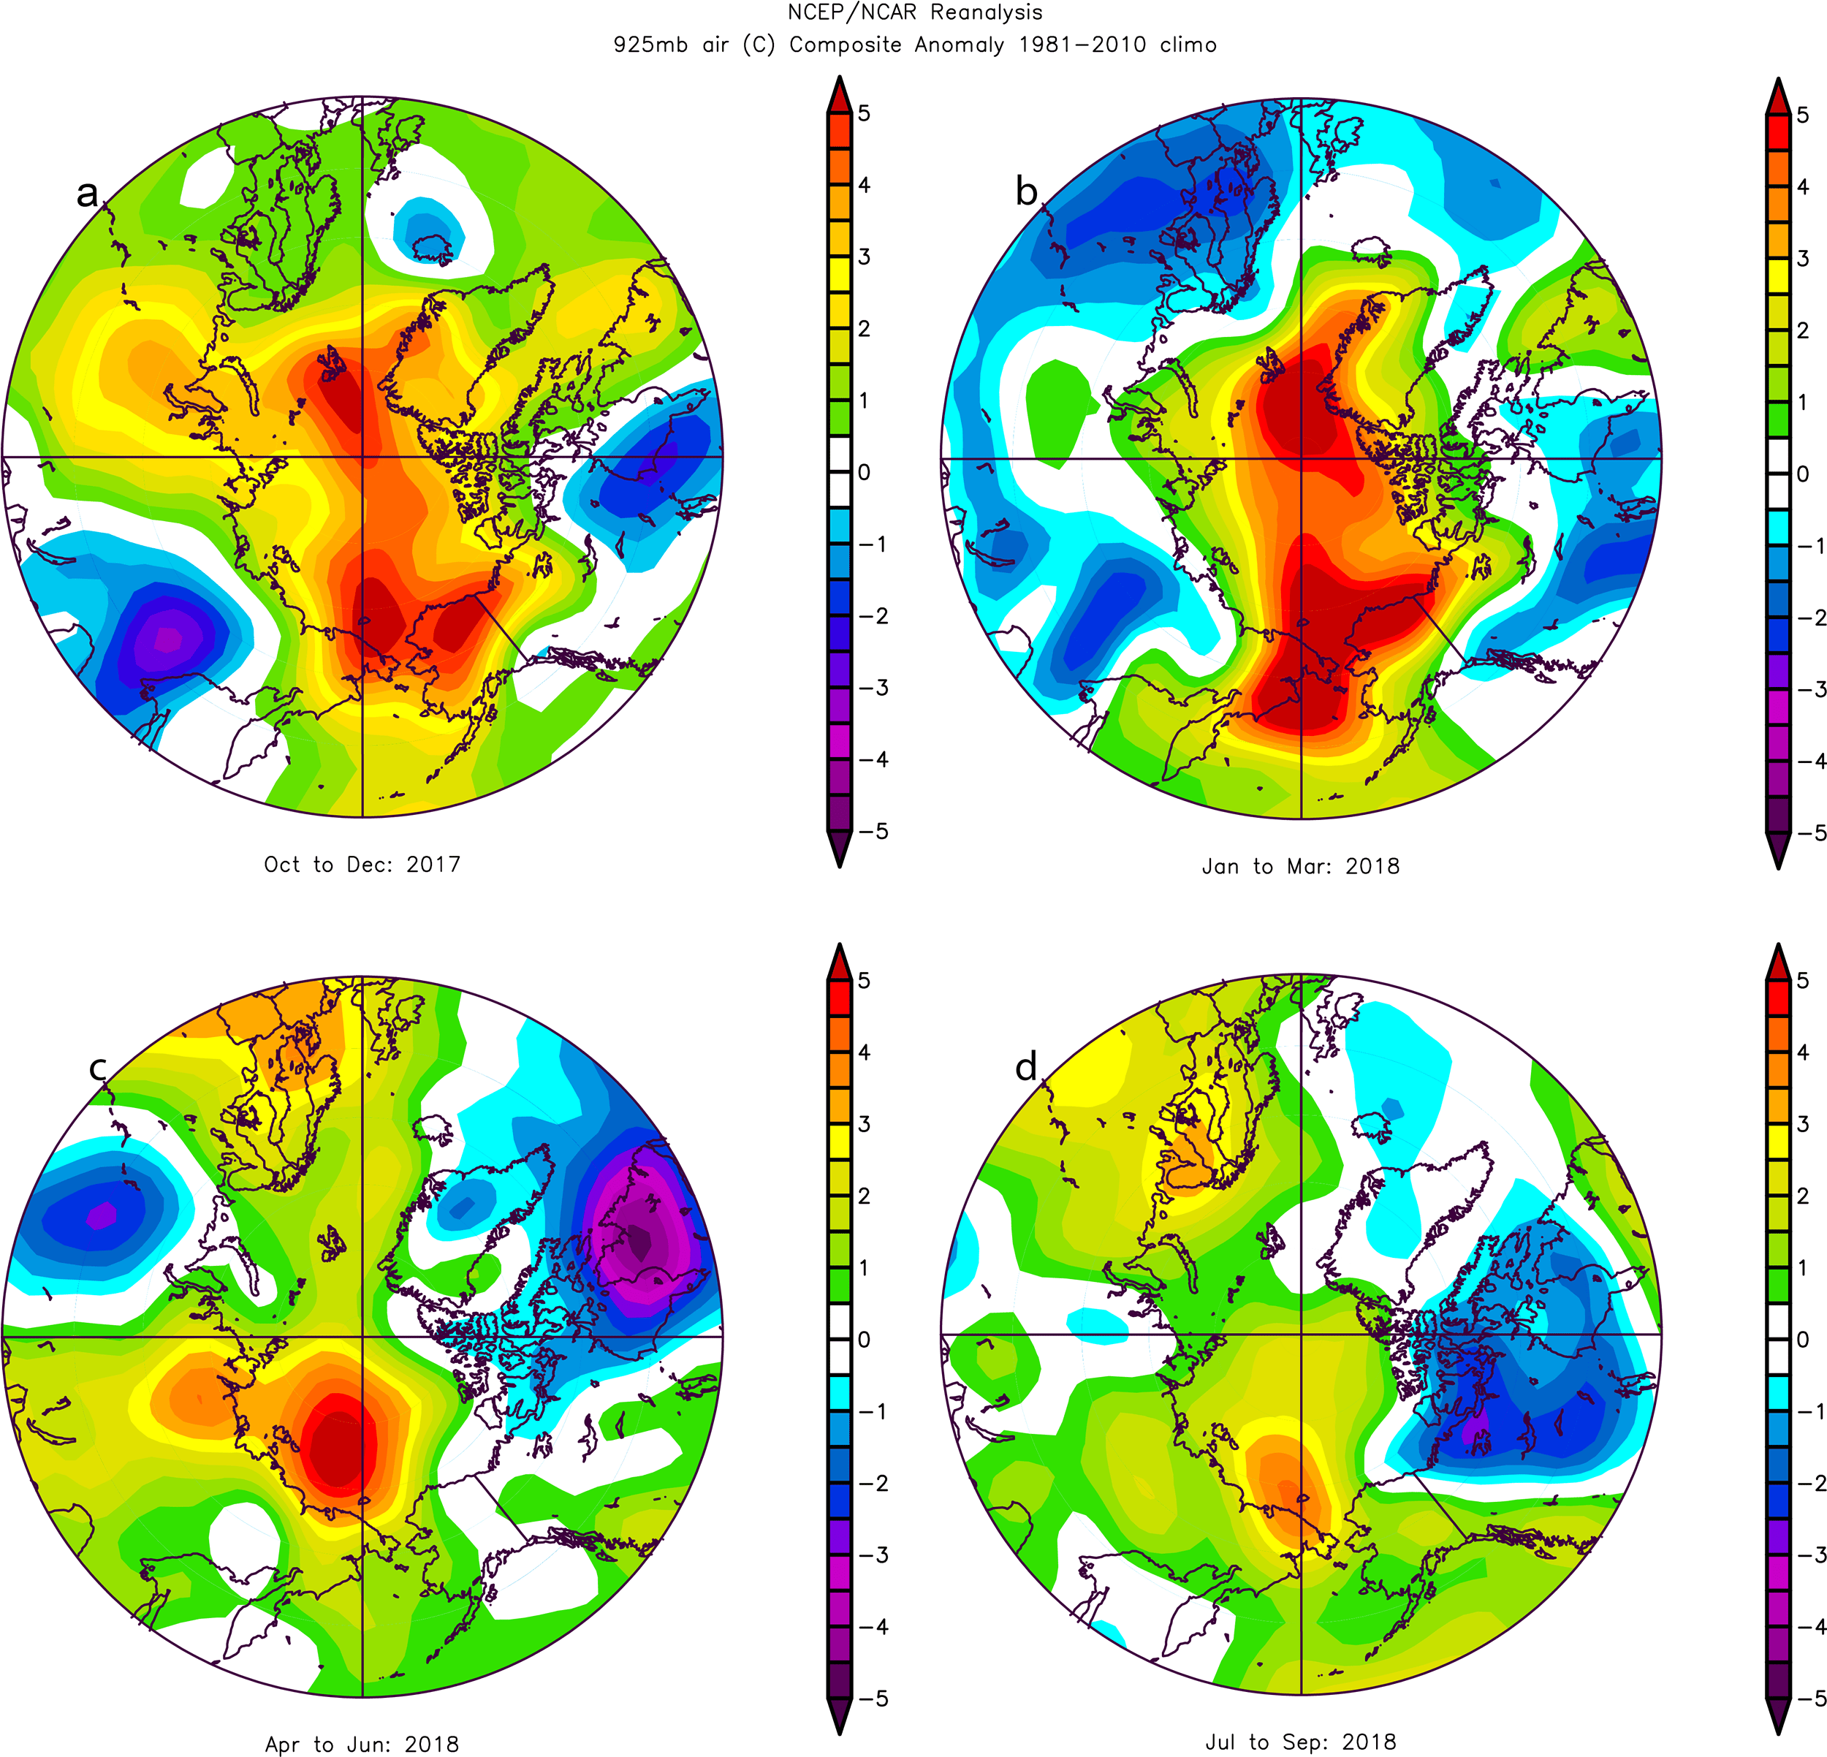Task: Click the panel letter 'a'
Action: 87,194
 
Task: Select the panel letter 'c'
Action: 98,1069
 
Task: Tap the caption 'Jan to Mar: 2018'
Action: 1300,866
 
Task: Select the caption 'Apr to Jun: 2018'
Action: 362,1744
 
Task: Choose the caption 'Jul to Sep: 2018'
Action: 1300,1741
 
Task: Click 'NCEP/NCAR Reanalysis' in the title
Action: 914,13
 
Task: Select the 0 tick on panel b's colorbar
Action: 1802,474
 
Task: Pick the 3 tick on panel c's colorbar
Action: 864,1124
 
